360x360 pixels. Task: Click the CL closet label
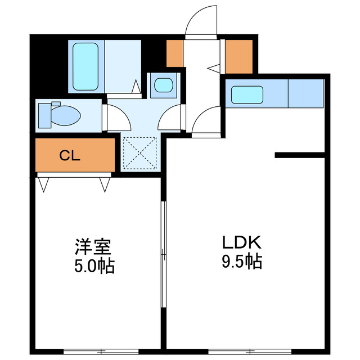pos(70,155)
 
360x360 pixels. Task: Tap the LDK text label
pos(241,243)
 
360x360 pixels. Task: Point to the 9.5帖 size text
pos(241,262)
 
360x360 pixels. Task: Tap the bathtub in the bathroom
pos(86,66)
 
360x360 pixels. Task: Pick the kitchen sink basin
pos(247,94)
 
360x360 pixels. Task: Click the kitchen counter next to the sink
pos(305,94)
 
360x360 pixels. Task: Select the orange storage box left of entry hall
pos(175,53)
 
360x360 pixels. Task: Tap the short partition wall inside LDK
pos(300,155)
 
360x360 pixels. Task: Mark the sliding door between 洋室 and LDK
pos(163,253)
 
